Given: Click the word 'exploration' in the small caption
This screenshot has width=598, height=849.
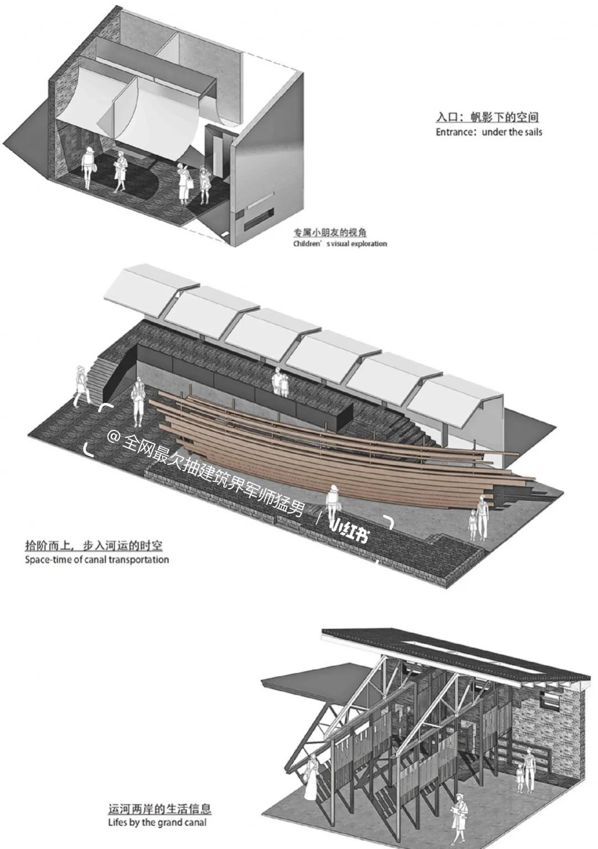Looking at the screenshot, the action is click(x=368, y=244).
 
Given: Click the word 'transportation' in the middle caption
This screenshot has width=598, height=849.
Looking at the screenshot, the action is click(x=138, y=560).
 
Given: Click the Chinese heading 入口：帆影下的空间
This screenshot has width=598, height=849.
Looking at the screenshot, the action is click(x=487, y=117).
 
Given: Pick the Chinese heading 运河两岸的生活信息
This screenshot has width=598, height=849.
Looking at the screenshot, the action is click(x=159, y=809).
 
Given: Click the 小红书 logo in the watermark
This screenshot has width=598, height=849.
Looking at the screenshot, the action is click(x=349, y=530).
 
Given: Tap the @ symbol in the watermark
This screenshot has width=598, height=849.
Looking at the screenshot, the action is click(x=114, y=437).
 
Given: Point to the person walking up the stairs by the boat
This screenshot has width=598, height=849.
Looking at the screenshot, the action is click(x=81, y=386).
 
